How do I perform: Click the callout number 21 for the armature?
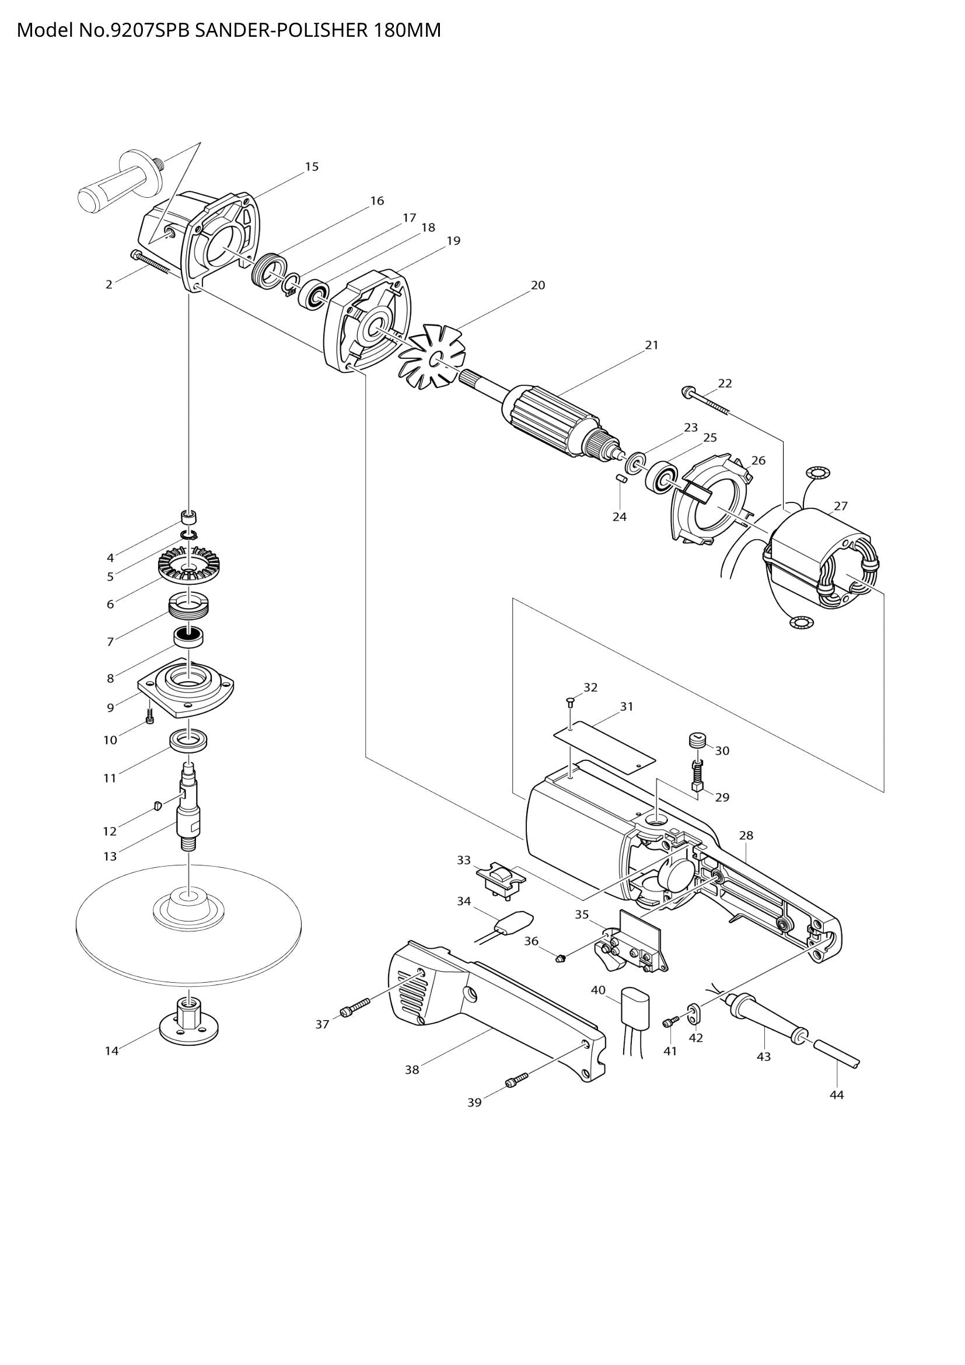click(x=652, y=345)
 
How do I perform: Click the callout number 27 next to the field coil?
click(x=840, y=506)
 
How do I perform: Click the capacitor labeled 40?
click(x=635, y=1005)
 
